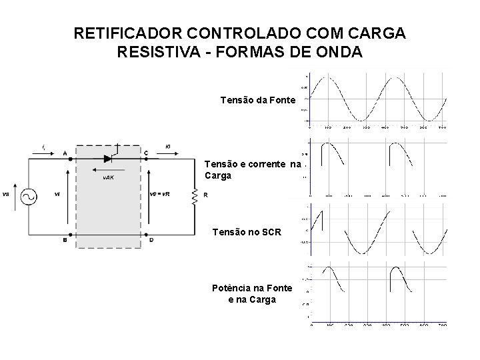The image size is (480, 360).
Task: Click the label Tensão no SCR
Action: pyautogui.click(x=247, y=232)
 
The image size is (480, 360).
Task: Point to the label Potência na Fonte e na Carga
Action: pyautogui.click(x=251, y=293)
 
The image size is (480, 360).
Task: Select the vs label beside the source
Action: pyautogui.click(x=6, y=195)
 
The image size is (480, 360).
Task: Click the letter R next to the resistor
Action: pyautogui.click(x=205, y=195)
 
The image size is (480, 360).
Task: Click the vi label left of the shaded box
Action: pyautogui.click(x=57, y=195)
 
